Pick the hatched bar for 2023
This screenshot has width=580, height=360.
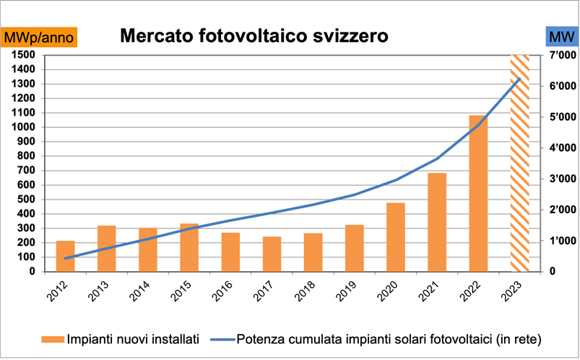click(519, 163)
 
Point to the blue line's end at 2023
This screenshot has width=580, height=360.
click(519, 79)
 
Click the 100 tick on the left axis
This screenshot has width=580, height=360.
click(27, 257)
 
